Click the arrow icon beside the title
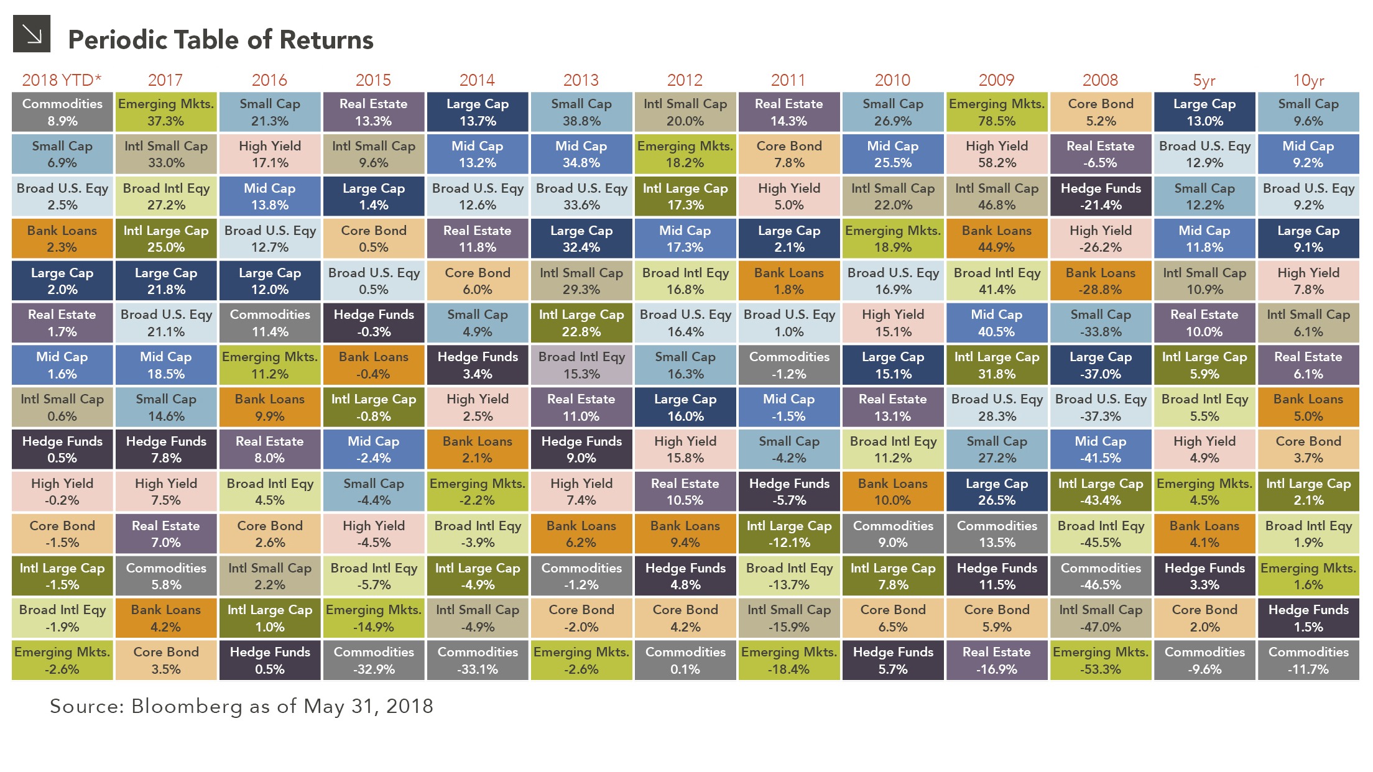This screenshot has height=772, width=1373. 31,34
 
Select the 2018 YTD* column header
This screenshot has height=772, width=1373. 62,80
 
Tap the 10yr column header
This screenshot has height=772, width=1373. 1308,80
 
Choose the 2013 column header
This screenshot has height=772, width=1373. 581,80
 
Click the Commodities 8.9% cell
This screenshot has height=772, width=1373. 62,113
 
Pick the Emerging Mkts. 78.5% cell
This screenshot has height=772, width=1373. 997,113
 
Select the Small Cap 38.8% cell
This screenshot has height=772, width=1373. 581,113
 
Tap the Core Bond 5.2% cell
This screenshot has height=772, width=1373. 1101,113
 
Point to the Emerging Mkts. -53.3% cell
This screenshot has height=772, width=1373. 1101,661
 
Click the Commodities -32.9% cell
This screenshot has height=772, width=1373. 374,661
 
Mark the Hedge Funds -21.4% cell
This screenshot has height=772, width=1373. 1101,196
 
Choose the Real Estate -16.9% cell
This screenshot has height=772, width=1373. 997,661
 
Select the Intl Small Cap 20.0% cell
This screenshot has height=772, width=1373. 685,113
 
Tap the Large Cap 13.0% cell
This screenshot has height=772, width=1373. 1204,113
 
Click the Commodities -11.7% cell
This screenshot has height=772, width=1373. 1308,661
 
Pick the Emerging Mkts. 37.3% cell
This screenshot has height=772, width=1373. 166,113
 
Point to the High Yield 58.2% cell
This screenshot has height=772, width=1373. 997,154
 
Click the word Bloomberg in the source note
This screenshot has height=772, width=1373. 187,707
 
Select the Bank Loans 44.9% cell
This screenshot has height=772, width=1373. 997,239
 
